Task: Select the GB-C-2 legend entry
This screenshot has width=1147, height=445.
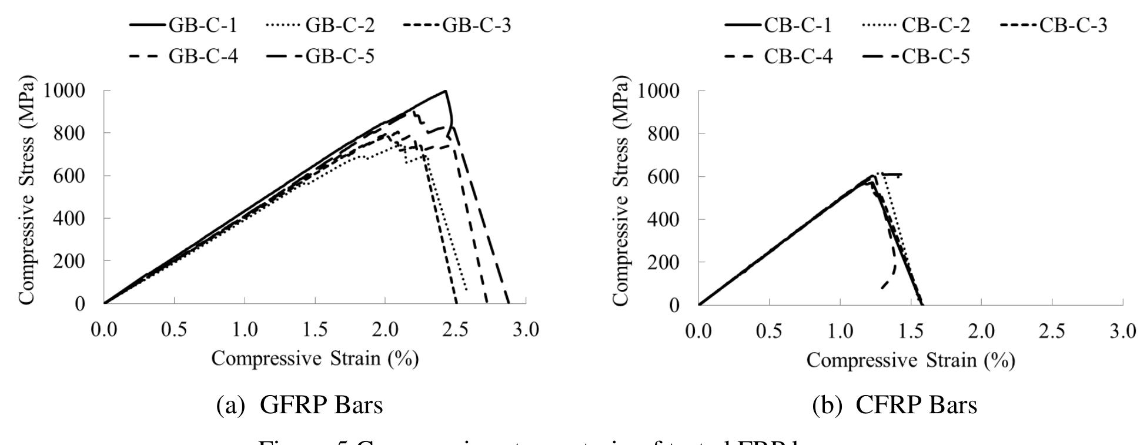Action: [x=320, y=25]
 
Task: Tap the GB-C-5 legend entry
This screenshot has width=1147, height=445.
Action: [x=320, y=56]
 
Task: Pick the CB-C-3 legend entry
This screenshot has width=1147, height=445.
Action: [x=1052, y=25]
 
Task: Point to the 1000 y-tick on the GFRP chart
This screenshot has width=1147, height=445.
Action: [x=77, y=91]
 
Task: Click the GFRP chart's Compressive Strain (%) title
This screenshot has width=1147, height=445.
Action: [x=315, y=359]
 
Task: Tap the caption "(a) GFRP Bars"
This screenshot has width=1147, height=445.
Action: [x=300, y=405]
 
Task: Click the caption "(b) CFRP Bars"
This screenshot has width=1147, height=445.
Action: [x=894, y=405]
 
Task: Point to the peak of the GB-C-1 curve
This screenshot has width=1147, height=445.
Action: [x=446, y=91]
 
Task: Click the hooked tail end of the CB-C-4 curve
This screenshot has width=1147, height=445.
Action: [x=882, y=287]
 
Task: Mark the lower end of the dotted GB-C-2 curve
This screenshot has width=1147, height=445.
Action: [x=467, y=289]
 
